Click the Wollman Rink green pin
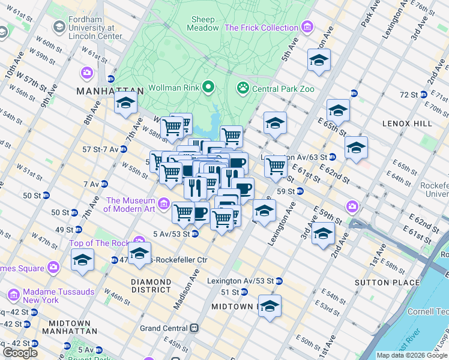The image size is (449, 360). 209,88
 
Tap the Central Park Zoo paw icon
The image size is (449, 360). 243,88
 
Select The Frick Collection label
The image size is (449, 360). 261,28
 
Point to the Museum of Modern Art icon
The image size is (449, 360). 164,205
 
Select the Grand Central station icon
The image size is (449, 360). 194,328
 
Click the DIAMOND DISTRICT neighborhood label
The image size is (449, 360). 151,286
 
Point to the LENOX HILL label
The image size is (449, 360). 406,124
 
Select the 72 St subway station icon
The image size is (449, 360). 424,95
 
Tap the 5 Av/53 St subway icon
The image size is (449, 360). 195,234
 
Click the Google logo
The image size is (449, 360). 20,352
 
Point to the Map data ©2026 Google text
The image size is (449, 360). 412,355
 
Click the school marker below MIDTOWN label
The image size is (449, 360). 270,306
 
